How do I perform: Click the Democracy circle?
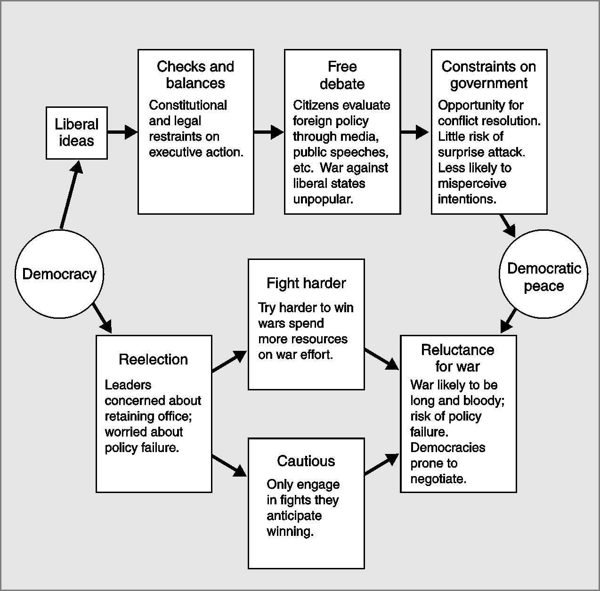click(x=59, y=274)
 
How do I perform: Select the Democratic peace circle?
click(x=543, y=276)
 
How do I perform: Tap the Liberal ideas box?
click(x=76, y=133)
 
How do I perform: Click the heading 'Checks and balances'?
click(x=195, y=74)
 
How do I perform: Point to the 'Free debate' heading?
click(x=342, y=75)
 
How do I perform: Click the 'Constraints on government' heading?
click(x=489, y=74)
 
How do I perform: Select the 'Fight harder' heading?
click(x=306, y=283)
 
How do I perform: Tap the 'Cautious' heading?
click(x=306, y=461)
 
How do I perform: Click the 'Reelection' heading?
click(x=154, y=359)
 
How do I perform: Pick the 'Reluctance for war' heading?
click(x=458, y=358)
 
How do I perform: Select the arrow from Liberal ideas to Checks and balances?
click(x=122, y=132)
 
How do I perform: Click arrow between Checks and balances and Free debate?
click(x=269, y=132)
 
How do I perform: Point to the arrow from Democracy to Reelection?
click(x=102, y=319)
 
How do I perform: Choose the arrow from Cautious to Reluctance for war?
click(x=382, y=464)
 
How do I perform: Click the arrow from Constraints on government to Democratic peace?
click(x=508, y=226)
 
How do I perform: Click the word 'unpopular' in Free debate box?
click(x=323, y=199)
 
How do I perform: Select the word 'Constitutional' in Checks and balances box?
click(x=188, y=105)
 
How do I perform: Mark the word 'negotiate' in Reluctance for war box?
click(x=438, y=479)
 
